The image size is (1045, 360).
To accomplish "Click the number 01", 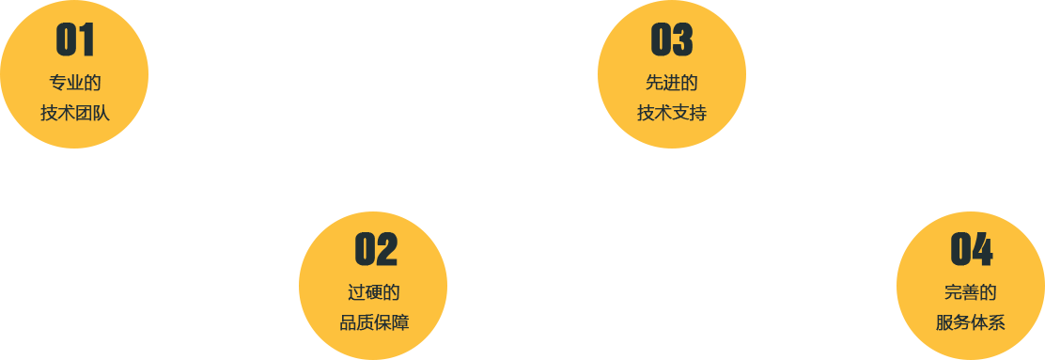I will (x=75, y=39).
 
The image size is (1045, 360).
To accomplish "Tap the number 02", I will (x=376, y=249).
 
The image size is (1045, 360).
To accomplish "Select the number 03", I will (x=672, y=39).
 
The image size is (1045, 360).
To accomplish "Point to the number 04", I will (x=972, y=249).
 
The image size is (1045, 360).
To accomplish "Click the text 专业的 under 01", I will (x=75, y=83).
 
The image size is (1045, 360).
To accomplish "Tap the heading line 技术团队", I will (x=75, y=114).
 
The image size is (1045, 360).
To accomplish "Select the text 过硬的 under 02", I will (x=374, y=292).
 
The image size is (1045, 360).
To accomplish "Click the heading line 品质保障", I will (x=374, y=323).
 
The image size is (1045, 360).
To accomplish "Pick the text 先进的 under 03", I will (x=672, y=83).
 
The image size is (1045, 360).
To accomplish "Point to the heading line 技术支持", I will (x=672, y=114).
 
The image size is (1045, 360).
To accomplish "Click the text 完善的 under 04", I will (x=971, y=292).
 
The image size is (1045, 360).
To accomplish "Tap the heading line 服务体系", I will (x=971, y=323).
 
